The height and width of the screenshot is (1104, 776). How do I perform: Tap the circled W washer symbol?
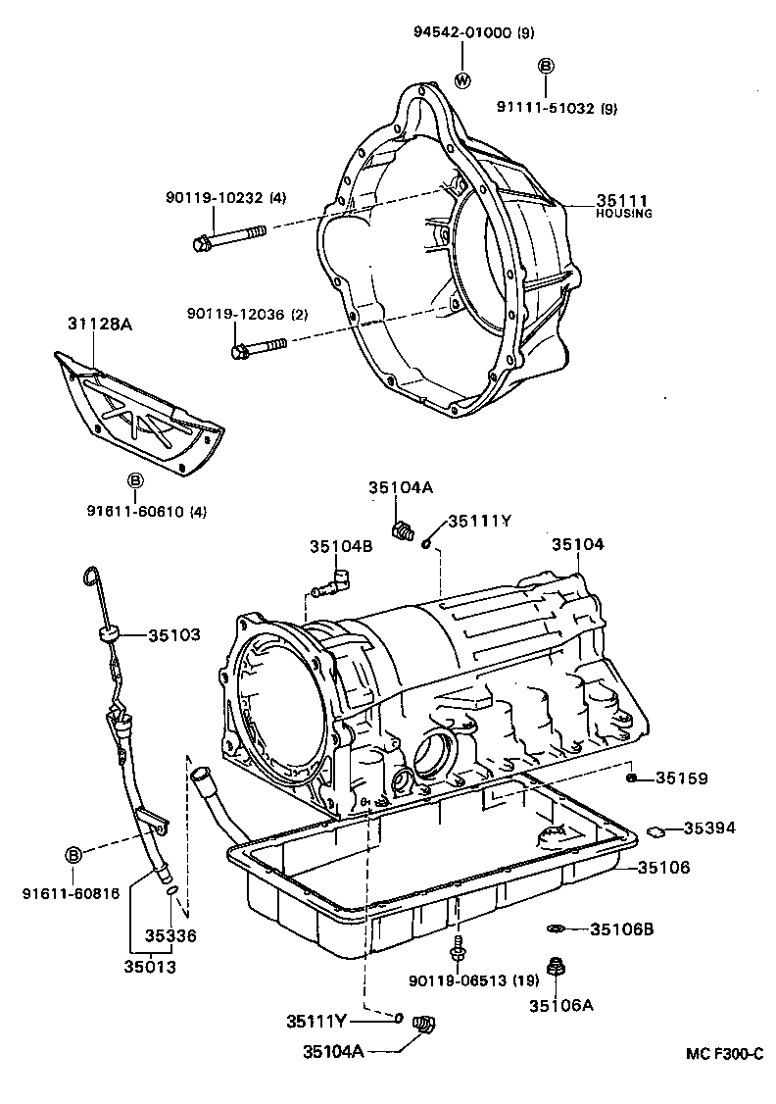[x=463, y=79]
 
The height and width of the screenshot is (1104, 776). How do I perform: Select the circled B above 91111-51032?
[x=546, y=66]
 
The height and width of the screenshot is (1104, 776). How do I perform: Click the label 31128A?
[x=99, y=324]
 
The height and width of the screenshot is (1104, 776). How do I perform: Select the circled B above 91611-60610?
[x=136, y=480]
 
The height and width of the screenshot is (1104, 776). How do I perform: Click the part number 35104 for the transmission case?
[x=577, y=545]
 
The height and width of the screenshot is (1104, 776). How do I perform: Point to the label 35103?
[x=174, y=635]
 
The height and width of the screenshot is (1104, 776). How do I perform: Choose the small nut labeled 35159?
[x=632, y=778]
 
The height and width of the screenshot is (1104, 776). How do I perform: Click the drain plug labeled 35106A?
[x=557, y=969]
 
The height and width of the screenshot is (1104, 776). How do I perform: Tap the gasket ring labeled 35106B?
[x=555, y=928]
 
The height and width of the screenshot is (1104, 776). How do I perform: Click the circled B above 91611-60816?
[x=73, y=856]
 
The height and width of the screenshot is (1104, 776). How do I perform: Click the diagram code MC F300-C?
[x=723, y=1054]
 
